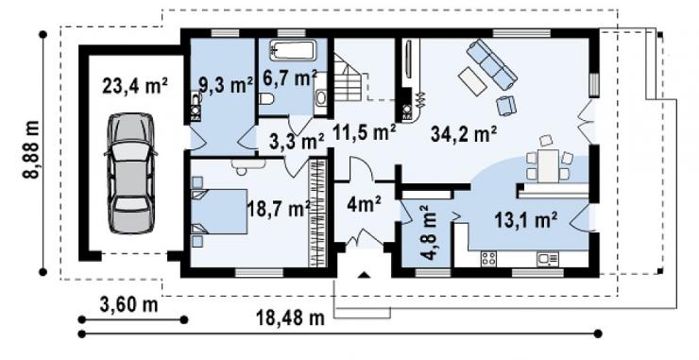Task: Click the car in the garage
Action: pyautogui.click(x=130, y=173)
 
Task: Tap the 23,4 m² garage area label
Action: pyautogui.click(x=135, y=86)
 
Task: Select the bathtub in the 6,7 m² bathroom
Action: pyautogui.click(x=293, y=49)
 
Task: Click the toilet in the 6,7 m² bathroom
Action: pyautogui.click(x=266, y=98)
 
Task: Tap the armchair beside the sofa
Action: pyautogui.click(x=506, y=106)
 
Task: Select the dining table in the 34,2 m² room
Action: pyautogui.click(x=548, y=166)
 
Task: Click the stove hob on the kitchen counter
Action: pyautogui.click(x=488, y=258)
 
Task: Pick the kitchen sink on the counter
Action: pyautogui.click(x=548, y=259)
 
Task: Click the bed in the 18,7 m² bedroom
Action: pyautogui.click(x=219, y=211)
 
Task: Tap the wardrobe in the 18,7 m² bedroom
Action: pyautogui.click(x=317, y=213)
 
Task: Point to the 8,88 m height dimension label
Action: pyautogui.click(x=32, y=149)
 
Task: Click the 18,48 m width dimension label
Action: pyautogui.click(x=290, y=318)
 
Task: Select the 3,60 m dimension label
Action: pyautogui.click(x=128, y=305)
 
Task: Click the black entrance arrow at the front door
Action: pyautogui.click(x=365, y=275)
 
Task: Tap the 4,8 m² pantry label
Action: pyautogui.click(x=429, y=232)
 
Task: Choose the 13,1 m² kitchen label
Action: pyautogui.click(x=526, y=220)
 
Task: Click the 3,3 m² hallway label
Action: pyautogui.click(x=297, y=142)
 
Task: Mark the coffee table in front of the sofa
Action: pyautogui.click(x=473, y=80)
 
